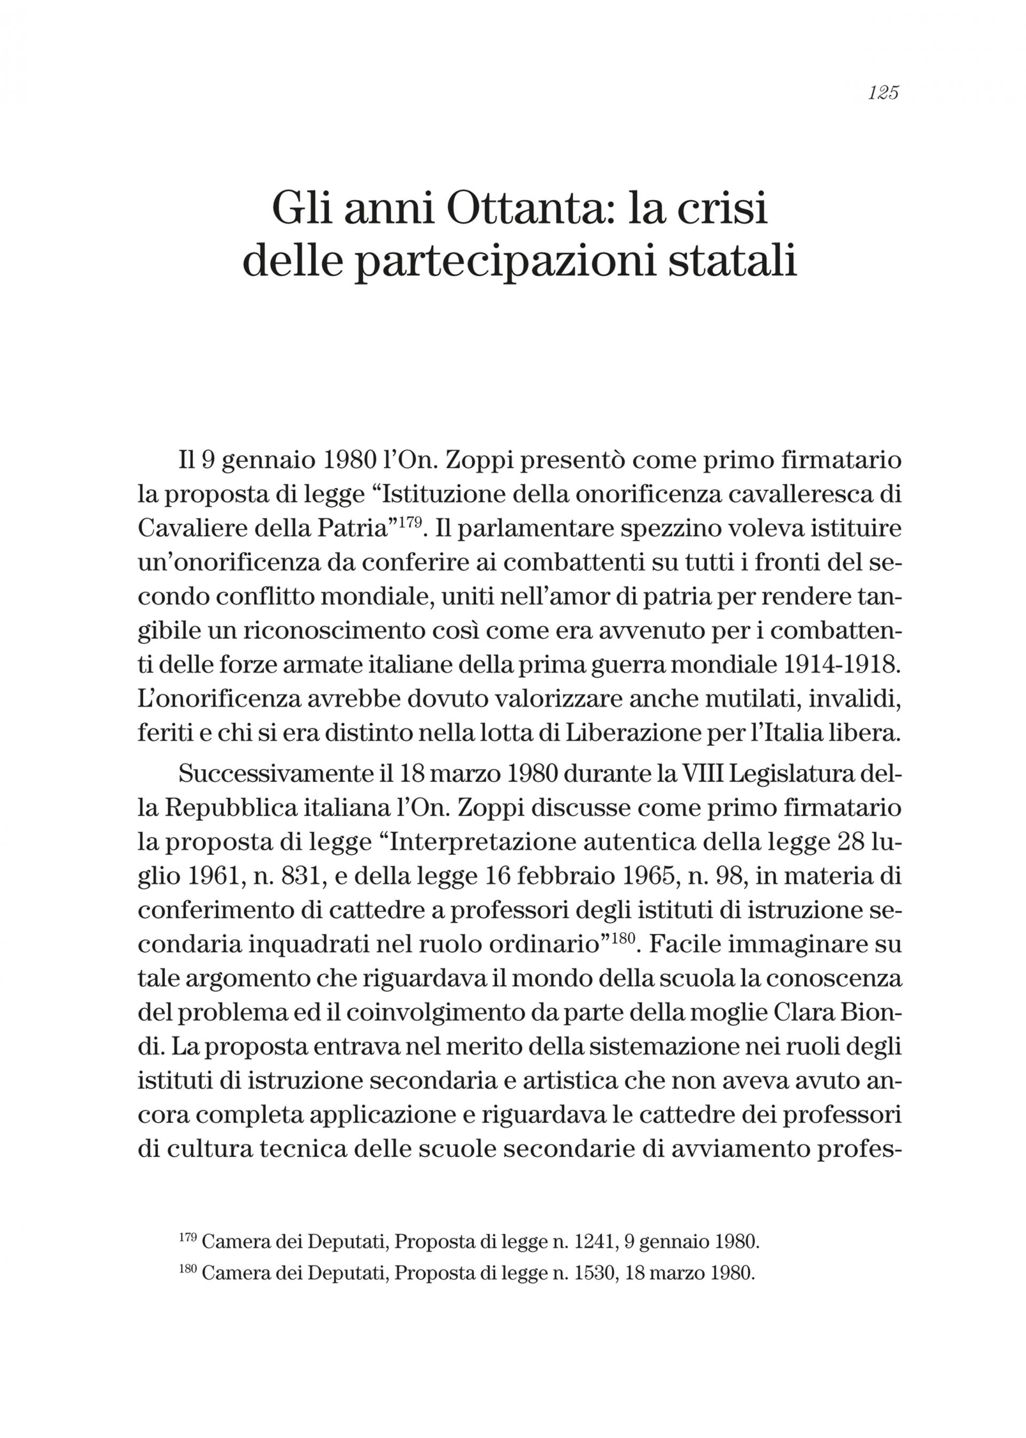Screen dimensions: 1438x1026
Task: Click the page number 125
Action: pos(883,93)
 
